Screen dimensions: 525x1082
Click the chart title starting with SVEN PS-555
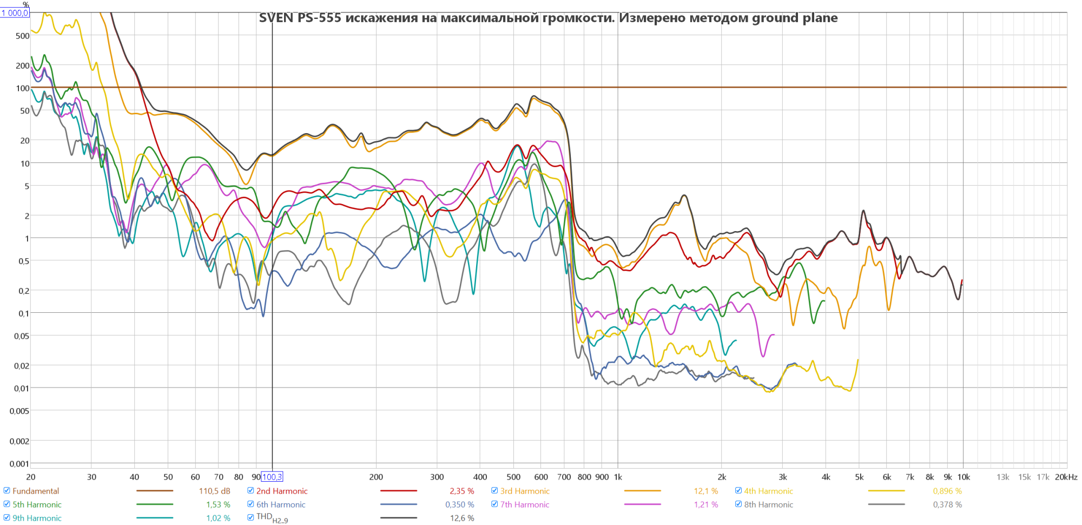coord(548,18)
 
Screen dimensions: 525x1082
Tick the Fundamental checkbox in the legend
coord(7,490)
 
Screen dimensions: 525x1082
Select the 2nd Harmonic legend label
coord(281,491)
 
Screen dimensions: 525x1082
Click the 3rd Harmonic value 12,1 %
coord(705,491)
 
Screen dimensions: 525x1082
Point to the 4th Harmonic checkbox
coord(738,490)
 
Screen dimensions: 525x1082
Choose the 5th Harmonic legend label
coord(37,504)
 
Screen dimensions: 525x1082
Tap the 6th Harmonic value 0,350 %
coord(459,504)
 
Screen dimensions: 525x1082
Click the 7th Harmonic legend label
coord(524,504)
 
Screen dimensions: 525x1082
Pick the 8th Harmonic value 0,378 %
coord(947,504)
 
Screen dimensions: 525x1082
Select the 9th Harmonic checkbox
coord(7,517)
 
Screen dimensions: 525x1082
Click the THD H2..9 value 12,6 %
coord(461,518)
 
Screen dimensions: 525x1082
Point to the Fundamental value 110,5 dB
coord(214,491)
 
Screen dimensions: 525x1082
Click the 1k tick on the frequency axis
coord(618,477)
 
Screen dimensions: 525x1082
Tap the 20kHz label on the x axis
coord(1066,477)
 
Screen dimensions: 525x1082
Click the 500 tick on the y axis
coord(23,36)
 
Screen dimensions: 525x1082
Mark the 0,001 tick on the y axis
coord(19,463)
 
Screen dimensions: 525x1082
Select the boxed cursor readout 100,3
coord(272,477)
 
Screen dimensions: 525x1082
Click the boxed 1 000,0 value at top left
coord(15,12)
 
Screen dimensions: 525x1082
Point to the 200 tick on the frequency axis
coord(376,477)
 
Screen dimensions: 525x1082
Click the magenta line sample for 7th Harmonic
coord(642,504)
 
